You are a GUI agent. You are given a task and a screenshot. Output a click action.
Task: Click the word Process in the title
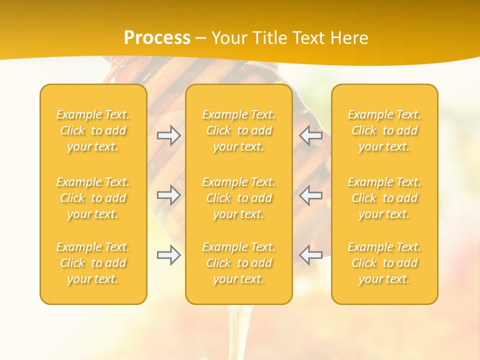pos(157,38)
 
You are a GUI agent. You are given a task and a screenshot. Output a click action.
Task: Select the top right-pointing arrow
pos(168,135)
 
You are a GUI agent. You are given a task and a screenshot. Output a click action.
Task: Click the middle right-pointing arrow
pos(168,195)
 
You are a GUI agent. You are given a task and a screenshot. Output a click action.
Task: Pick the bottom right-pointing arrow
pos(168,255)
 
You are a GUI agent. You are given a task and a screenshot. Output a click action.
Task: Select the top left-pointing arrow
pos(310,135)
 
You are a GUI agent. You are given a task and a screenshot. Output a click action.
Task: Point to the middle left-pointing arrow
pos(310,195)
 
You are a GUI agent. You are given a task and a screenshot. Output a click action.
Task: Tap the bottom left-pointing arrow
pos(310,255)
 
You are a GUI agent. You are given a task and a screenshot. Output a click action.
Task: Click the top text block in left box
pos(93,130)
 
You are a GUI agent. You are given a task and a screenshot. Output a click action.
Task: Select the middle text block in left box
pos(93,198)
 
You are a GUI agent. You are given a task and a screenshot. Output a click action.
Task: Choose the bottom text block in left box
pos(93,263)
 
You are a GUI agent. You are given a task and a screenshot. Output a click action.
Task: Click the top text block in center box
pos(239,130)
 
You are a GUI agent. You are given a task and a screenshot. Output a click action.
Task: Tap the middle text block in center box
pos(239,198)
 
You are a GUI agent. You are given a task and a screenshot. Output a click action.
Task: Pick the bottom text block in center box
pos(239,263)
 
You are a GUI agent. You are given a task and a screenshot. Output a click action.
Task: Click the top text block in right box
pos(384,130)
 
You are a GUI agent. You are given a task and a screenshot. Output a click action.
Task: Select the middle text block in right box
pos(384,198)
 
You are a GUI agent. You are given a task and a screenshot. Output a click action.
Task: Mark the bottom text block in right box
pos(384,263)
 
